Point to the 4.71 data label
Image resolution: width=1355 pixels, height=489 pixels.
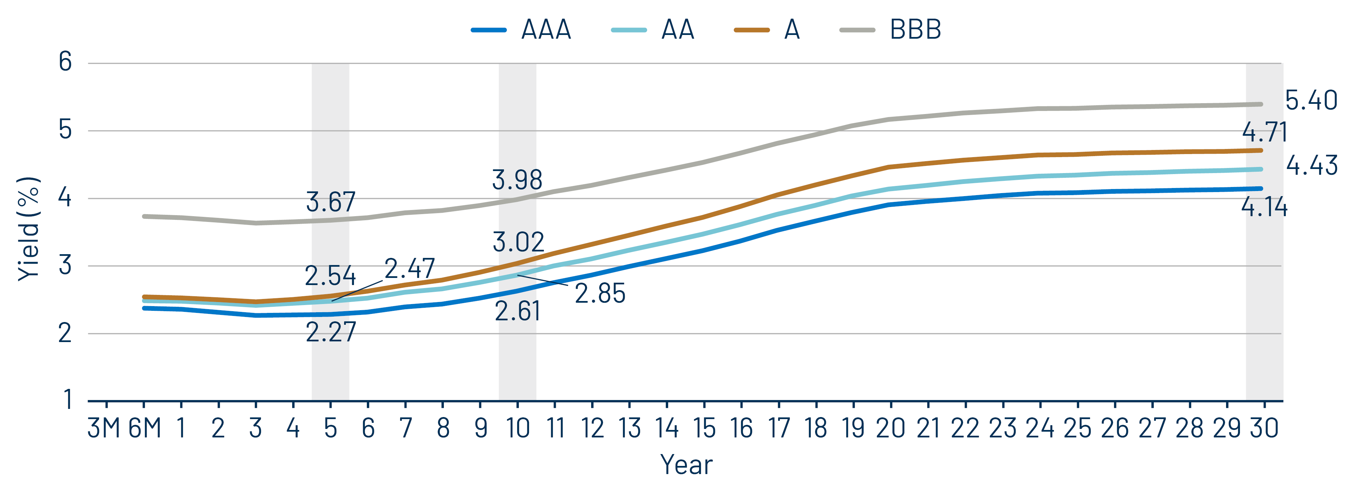click(x=1264, y=132)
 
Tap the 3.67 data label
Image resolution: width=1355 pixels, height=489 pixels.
click(x=330, y=202)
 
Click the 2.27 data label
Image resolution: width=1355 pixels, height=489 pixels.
click(x=330, y=332)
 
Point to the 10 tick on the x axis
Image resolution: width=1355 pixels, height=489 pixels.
click(x=517, y=428)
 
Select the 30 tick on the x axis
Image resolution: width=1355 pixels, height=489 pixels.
click(x=1264, y=428)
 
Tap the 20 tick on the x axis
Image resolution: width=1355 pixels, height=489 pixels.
click(x=890, y=428)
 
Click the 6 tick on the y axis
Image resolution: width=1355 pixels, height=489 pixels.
click(x=65, y=62)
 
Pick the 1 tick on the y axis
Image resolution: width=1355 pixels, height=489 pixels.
click(x=67, y=400)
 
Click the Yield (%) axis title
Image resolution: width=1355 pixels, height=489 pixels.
click(x=29, y=229)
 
